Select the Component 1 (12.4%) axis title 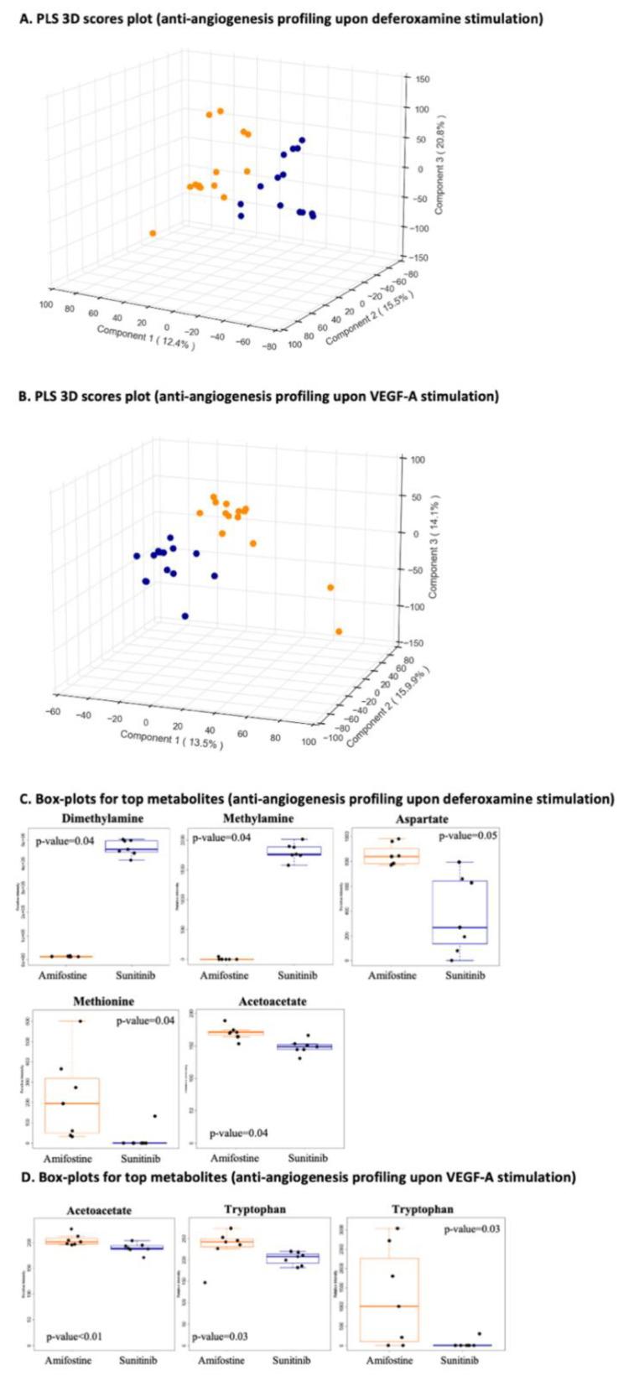tap(146, 336)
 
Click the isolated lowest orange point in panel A tap(153, 233)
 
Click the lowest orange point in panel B tap(339, 631)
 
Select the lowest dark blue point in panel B tap(184, 616)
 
